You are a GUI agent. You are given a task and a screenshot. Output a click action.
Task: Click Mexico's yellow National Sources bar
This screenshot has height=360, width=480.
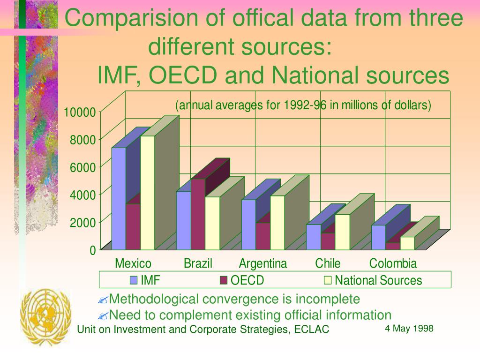click(148, 192)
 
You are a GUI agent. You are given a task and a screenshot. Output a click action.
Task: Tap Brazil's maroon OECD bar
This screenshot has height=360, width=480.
click(198, 214)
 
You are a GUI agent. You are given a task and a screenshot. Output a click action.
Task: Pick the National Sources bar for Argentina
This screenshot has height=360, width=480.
click(277, 222)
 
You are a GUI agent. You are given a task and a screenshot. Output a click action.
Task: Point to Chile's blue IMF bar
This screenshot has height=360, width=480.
click(314, 237)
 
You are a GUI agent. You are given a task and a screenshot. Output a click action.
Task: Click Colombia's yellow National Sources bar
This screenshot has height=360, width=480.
click(407, 243)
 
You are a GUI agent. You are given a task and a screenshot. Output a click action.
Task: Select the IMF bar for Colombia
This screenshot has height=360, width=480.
click(378, 237)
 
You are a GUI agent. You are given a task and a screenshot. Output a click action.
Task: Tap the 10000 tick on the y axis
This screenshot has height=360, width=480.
click(80, 112)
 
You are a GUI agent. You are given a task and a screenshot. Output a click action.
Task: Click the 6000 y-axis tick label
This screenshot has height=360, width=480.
click(82, 167)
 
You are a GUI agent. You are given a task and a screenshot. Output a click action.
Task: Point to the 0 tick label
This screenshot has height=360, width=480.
click(93, 250)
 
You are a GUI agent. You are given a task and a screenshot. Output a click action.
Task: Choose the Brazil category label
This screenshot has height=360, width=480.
click(198, 263)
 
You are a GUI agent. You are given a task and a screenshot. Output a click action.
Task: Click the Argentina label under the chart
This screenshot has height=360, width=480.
click(263, 263)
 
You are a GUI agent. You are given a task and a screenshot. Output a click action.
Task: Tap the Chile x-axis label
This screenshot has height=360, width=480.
click(328, 263)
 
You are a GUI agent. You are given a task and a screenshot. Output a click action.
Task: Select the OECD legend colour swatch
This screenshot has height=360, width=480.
click(223, 280)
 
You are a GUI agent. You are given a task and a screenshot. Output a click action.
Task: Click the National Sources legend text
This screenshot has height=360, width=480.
click(378, 280)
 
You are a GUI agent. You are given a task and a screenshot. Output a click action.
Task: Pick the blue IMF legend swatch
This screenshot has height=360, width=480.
click(134, 280)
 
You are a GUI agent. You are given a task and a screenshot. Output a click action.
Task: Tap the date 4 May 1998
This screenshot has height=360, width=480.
click(409, 328)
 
